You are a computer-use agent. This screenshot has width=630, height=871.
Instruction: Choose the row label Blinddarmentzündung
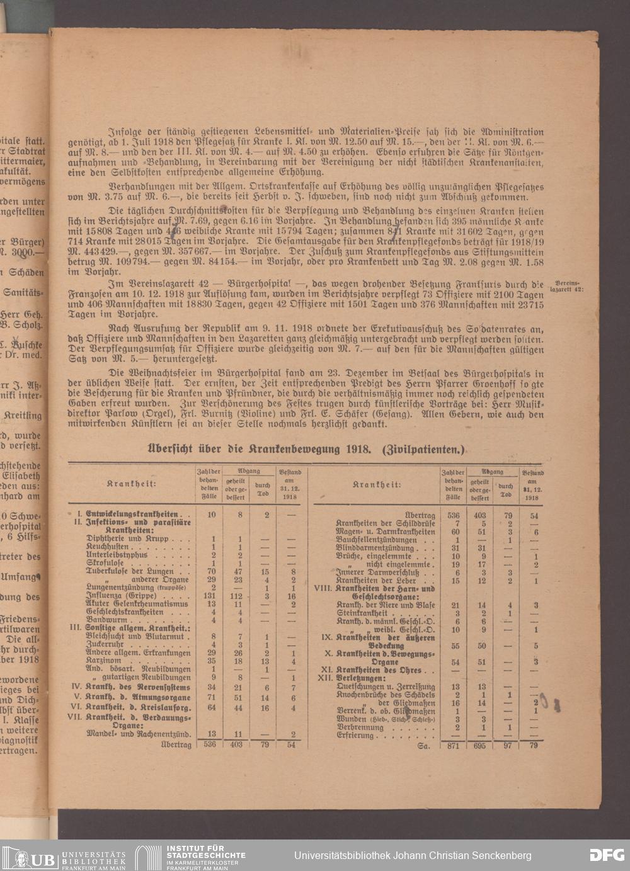(x=375, y=548)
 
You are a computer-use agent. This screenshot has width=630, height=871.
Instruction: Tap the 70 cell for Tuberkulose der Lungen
(x=213, y=571)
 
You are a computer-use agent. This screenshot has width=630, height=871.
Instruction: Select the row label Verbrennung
(x=360, y=727)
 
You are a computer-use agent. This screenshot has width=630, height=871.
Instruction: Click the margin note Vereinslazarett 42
(x=567, y=287)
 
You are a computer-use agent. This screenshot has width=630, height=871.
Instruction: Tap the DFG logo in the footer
(x=606, y=855)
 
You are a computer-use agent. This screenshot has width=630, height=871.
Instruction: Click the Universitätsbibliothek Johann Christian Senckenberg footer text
(x=413, y=855)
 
